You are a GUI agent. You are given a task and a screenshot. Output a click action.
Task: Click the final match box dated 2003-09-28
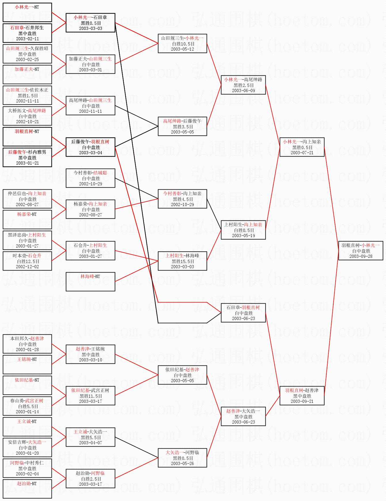[361, 251]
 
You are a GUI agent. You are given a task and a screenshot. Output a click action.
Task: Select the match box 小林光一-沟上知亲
[302, 147]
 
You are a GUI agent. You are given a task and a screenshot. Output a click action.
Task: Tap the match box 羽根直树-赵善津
[302, 396]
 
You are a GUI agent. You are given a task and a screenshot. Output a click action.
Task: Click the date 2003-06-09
[243, 91]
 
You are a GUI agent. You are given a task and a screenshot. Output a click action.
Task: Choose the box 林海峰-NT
[90, 281]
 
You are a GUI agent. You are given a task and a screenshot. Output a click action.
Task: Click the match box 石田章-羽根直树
[243, 313]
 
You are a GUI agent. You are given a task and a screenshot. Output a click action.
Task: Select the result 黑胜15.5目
[183, 261]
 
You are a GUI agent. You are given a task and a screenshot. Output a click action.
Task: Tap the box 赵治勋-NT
[27, 489]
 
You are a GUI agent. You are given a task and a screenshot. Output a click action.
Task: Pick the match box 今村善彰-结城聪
[90, 178]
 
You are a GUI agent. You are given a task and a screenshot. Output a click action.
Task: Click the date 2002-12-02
[27, 267]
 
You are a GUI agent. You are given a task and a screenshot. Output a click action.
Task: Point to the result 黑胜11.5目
[91, 396]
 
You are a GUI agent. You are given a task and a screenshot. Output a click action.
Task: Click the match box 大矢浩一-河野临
[182, 458]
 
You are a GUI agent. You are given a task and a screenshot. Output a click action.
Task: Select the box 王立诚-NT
[27, 426]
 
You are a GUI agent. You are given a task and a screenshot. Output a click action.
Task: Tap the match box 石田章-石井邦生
[27, 33]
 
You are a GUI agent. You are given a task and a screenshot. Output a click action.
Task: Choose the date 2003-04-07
[90, 443]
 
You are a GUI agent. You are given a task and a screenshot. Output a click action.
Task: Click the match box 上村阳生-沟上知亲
[243, 230]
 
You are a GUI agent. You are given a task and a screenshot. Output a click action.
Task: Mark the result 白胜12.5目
[28, 261]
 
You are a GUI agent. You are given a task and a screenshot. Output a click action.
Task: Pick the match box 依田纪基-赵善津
[182, 375]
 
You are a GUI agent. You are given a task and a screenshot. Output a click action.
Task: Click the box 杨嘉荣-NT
[27, 219]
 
